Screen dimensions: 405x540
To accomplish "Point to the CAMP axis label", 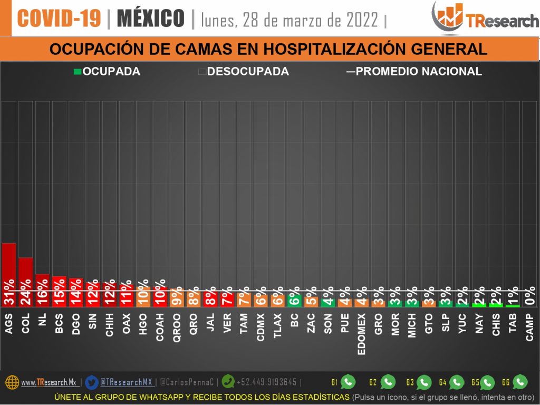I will (x=529, y=327).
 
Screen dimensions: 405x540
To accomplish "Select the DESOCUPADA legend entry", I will (x=244, y=71).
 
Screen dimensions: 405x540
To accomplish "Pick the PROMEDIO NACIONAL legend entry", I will (x=414, y=71).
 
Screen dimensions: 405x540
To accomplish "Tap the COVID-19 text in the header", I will (x=59, y=19).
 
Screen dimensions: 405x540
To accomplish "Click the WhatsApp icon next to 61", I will (x=348, y=382).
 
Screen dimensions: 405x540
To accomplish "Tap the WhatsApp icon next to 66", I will (x=520, y=382).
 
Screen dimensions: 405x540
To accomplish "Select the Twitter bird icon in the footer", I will (x=91, y=382).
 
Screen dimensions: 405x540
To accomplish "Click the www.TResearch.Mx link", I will (x=49, y=382).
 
